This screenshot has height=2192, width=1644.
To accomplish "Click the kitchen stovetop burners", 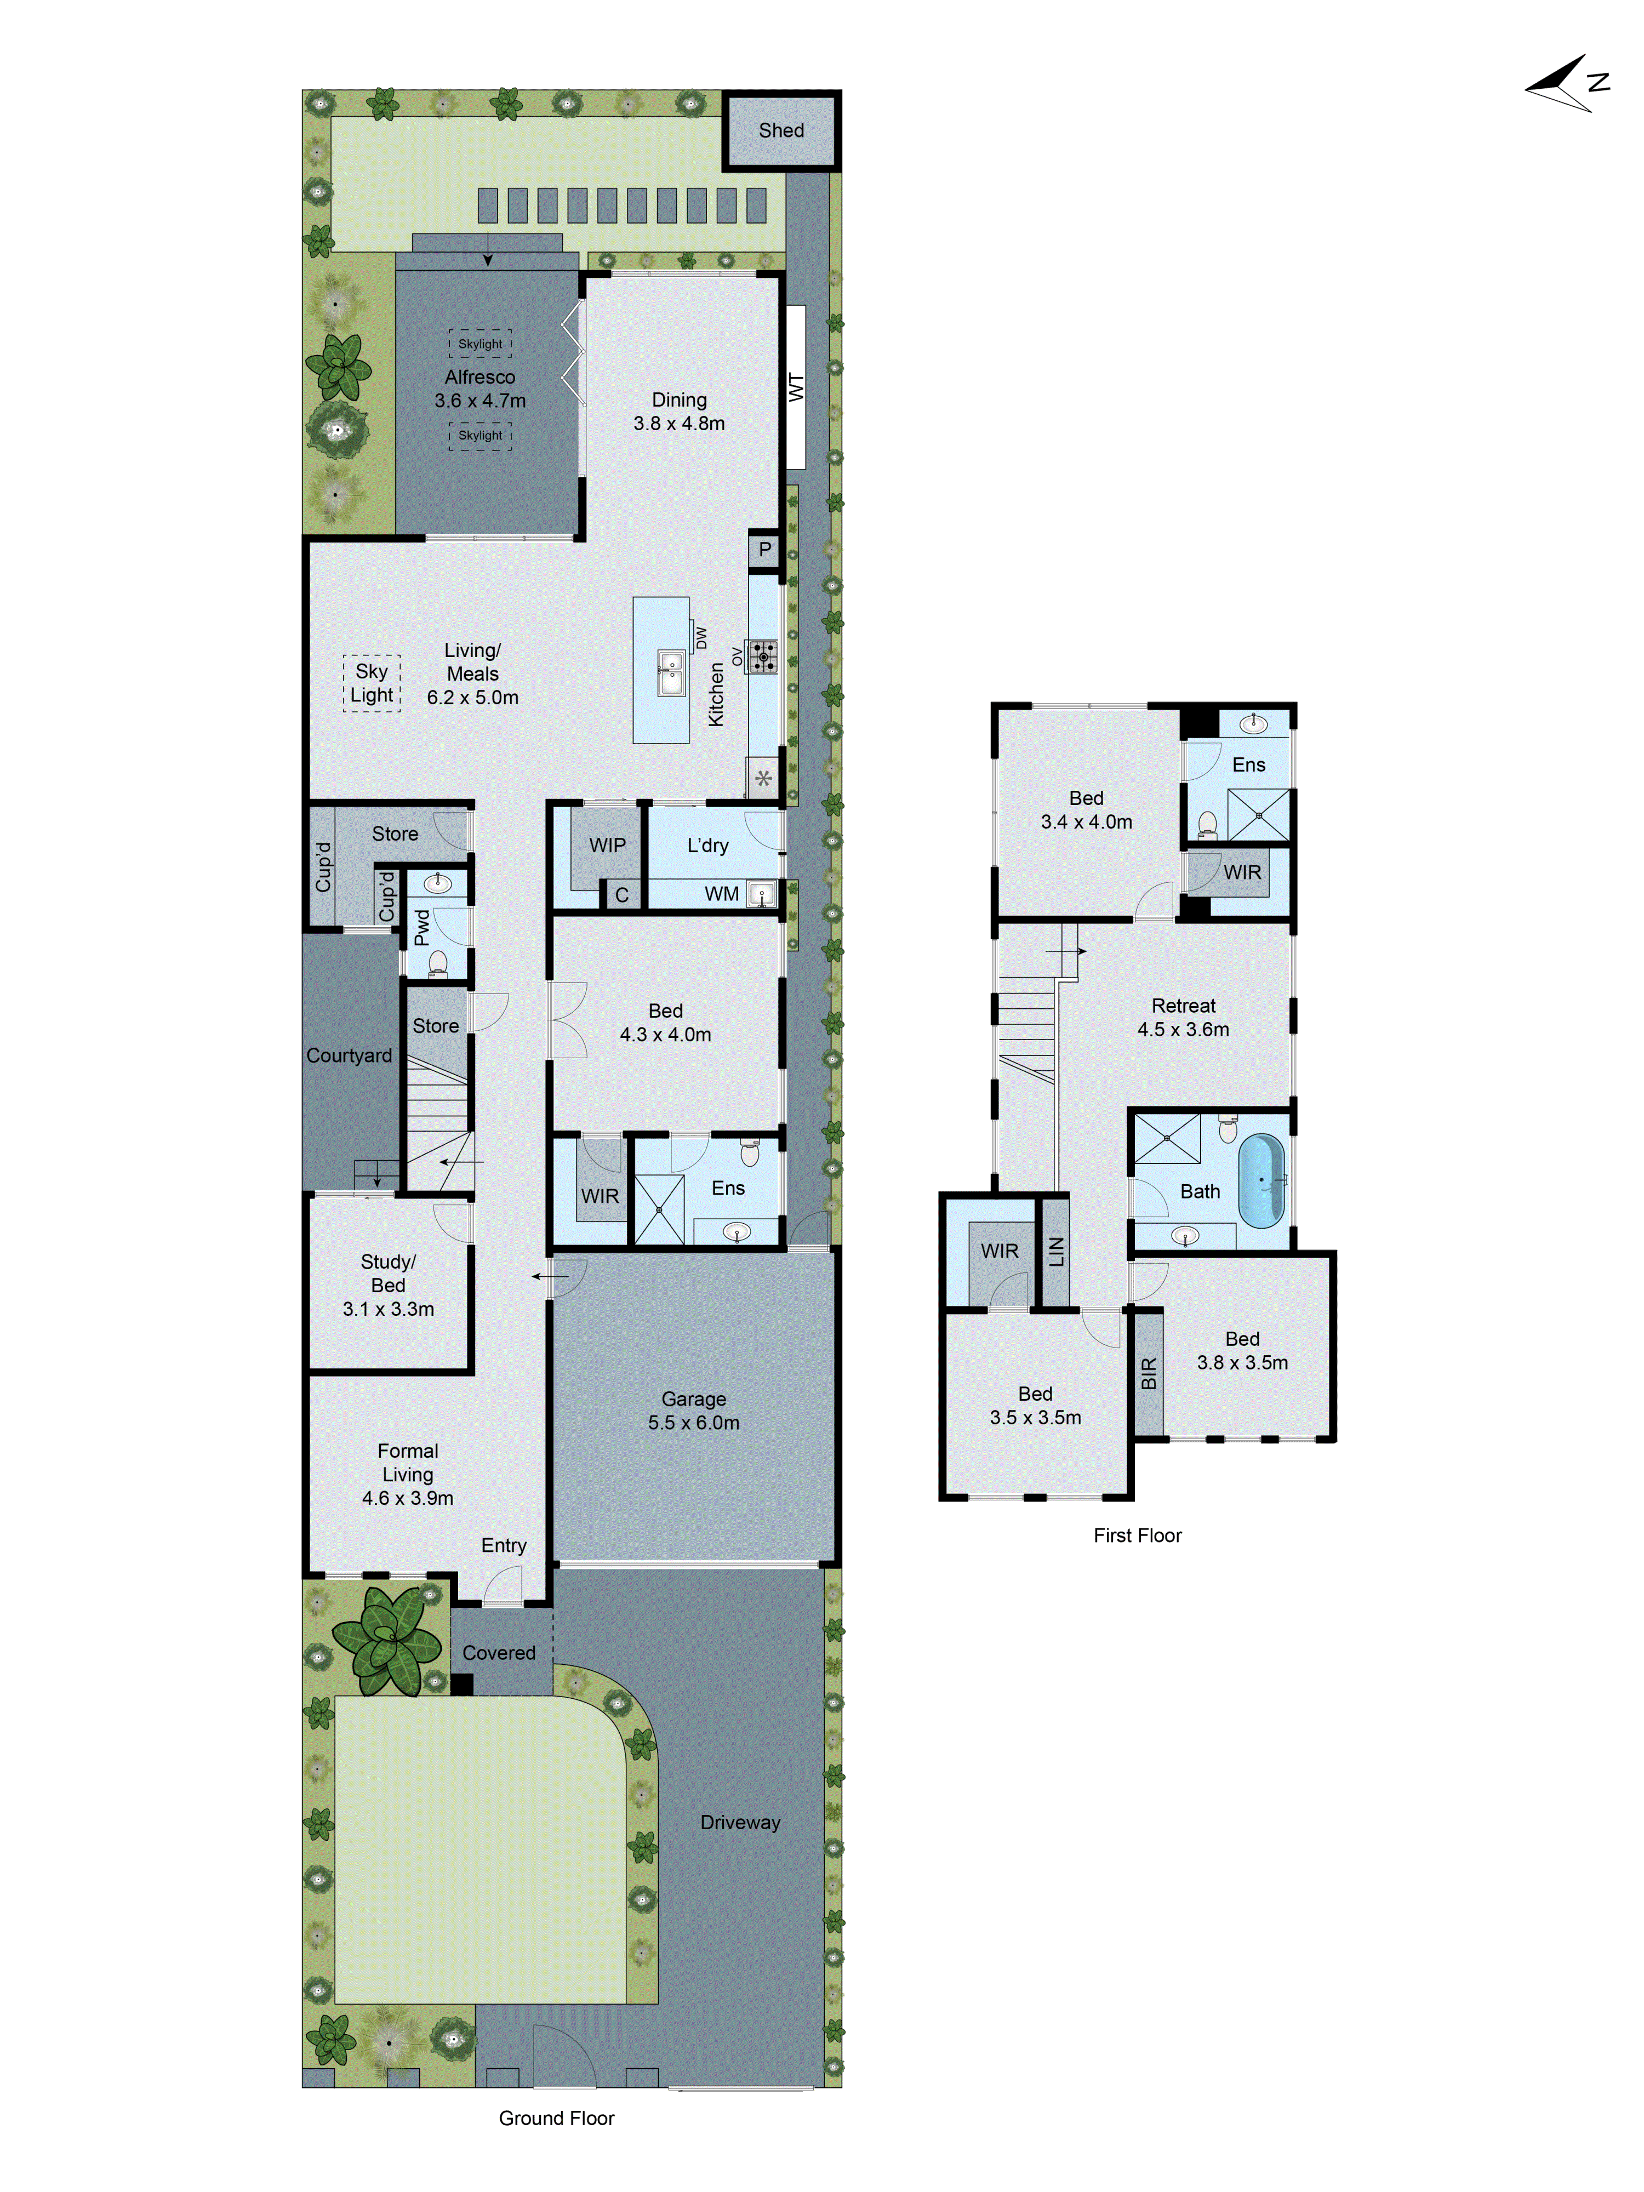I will click(x=762, y=656).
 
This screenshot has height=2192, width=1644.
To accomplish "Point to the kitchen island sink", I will click(x=671, y=675).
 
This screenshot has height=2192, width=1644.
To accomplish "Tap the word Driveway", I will click(x=740, y=1822).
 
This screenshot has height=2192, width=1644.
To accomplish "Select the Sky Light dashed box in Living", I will click(x=372, y=683).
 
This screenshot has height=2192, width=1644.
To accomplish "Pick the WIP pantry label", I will click(x=607, y=845).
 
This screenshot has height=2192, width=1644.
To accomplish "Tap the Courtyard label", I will click(x=349, y=1055).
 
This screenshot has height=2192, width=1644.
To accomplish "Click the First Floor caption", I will click(x=1138, y=1535).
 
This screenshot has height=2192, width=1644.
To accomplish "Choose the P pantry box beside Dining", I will click(x=764, y=549).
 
